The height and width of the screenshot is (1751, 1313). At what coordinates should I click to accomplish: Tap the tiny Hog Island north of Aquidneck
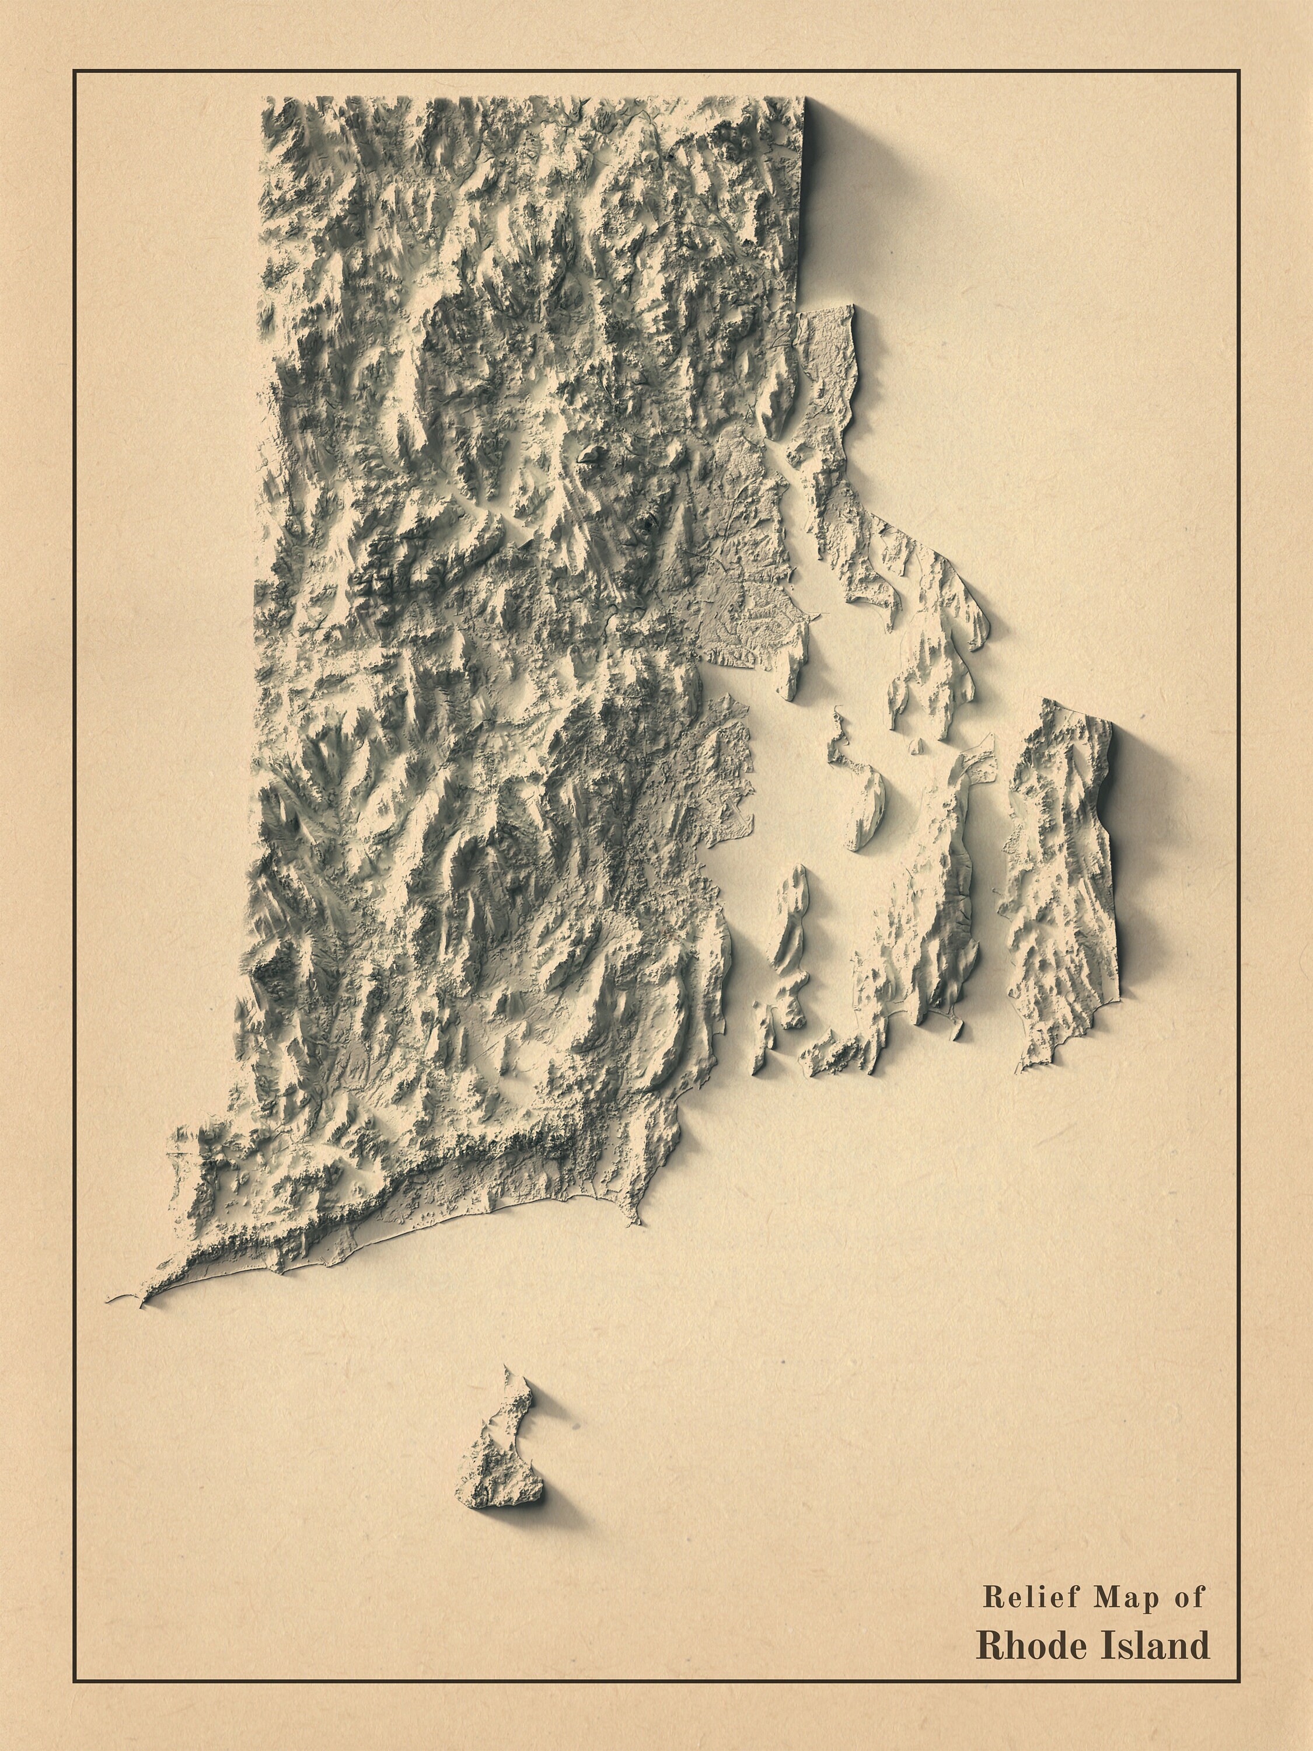tap(918, 745)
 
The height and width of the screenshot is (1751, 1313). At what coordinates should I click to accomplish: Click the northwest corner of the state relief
tap(266, 100)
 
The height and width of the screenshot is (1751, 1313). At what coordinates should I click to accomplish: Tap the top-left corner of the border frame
tap(74, 71)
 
